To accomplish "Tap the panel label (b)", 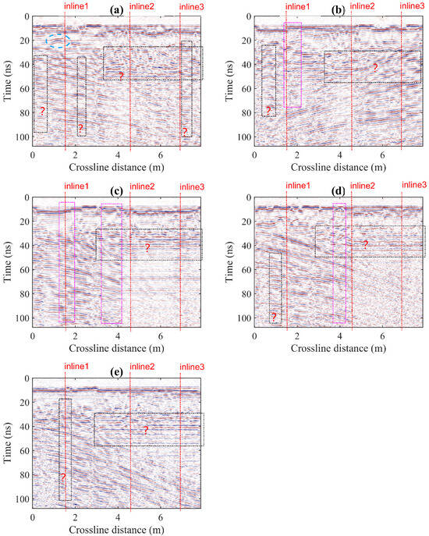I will point(339,10).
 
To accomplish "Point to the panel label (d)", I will point(339,190).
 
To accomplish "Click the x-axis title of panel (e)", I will point(117,531).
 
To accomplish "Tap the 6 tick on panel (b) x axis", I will point(383,154).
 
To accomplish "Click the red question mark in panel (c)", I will point(146,247).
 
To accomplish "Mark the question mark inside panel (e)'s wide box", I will point(145,430).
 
